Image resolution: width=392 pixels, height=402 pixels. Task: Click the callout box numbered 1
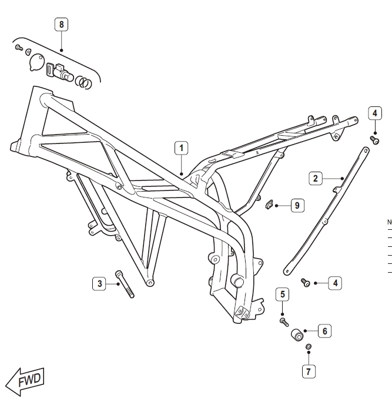point(181,148)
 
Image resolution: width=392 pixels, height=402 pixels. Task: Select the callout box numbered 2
point(316,178)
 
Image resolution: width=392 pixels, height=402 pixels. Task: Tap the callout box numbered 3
point(99,283)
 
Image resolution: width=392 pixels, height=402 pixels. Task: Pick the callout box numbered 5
point(282,294)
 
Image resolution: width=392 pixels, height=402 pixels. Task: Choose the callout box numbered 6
point(324,331)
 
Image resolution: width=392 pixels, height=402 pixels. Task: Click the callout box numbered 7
point(309,371)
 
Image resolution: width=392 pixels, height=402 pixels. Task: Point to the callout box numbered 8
point(61,24)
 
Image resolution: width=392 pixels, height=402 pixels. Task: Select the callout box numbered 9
point(297,205)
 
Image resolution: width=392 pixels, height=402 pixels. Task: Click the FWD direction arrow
point(25,382)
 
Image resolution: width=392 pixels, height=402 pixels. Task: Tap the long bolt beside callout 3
point(125,284)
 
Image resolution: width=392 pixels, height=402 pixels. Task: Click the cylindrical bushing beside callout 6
point(297,334)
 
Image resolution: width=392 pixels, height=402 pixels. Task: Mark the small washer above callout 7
point(309,347)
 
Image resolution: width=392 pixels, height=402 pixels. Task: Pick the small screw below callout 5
point(284,322)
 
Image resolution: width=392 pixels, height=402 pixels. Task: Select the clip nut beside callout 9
point(269,205)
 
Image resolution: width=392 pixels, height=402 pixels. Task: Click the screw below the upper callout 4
point(374,140)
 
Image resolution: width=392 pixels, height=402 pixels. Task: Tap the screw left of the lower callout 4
point(306,282)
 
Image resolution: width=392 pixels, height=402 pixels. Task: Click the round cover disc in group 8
point(36,62)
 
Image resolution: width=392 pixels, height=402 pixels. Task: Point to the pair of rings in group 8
point(83,82)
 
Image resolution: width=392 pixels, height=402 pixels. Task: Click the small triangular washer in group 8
point(28,52)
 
